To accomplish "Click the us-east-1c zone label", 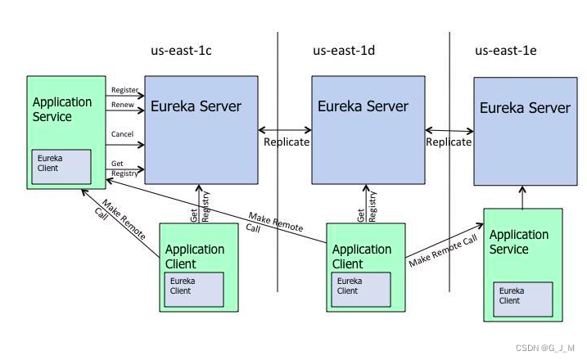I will coord(182,52).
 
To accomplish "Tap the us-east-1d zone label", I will coord(344,52).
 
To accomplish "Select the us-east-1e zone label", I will coord(506,52).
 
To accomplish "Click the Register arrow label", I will coord(124,90).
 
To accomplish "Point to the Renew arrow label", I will coord(122,105).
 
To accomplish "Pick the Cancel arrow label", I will coord(122,134).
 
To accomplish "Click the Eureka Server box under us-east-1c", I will coord(200,131).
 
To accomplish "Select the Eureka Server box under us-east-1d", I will coord(368,131).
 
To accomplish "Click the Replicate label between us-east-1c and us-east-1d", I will coord(287,142).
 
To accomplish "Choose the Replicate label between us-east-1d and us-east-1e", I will coord(449,142).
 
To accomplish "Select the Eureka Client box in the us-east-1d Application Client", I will coord(361,286).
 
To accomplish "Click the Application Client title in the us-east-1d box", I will coord(361,256).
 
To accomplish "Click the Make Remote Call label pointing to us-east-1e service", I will coord(443,250).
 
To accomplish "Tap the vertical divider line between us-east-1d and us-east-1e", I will coord(449,205).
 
